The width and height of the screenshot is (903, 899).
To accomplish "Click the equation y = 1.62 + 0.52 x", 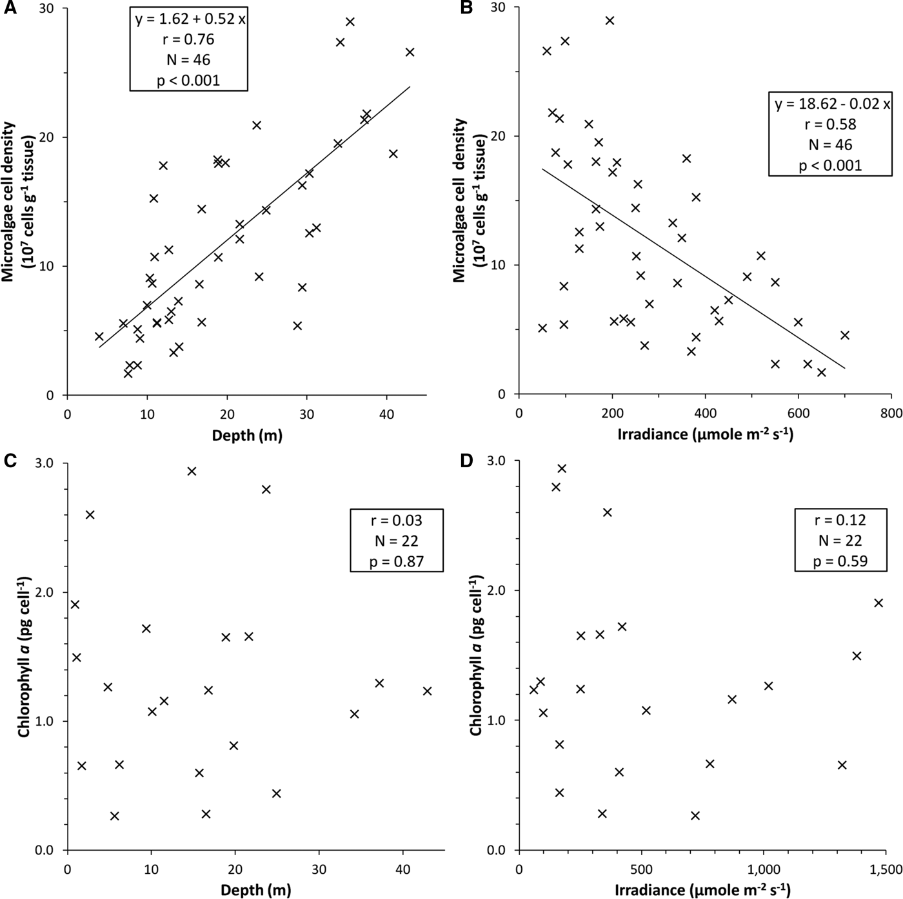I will click(x=190, y=19).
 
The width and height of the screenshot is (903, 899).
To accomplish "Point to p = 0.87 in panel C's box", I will click(x=397, y=561).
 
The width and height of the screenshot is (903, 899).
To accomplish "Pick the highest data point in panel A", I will click(x=350, y=21).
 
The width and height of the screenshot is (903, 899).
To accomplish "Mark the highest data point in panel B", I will click(x=610, y=21).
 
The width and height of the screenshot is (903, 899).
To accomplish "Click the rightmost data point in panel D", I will click(x=878, y=603).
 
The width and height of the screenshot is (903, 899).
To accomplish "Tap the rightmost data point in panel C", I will click(x=427, y=691).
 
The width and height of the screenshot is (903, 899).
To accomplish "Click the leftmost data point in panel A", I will click(x=99, y=336).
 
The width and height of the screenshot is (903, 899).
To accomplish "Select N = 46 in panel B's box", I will click(x=830, y=144).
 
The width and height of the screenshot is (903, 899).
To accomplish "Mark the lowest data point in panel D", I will click(x=695, y=815).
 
